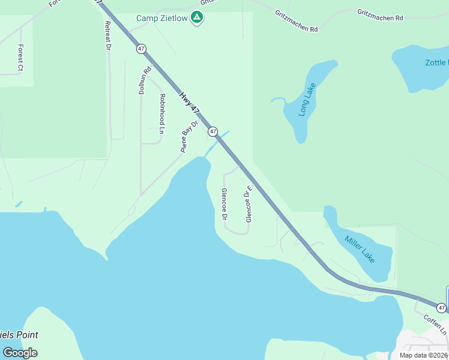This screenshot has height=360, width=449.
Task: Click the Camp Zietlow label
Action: [x=161, y=18]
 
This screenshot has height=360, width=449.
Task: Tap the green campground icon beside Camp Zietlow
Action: [x=196, y=17]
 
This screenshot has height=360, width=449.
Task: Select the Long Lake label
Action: [x=307, y=100]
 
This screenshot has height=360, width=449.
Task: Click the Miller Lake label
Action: [x=360, y=248]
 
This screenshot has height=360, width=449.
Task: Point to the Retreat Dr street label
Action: [x=108, y=35]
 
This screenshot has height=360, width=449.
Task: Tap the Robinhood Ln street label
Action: [x=162, y=113]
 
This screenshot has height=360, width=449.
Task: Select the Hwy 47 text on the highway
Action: [x=189, y=103]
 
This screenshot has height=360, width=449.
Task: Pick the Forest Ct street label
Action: [x=20, y=58]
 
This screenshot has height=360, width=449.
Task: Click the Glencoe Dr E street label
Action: [x=247, y=203]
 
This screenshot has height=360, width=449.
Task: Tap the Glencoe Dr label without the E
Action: [x=224, y=203]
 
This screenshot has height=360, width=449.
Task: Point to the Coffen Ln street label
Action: [x=435, y=325]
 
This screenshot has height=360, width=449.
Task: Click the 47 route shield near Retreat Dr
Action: [x=141, y=49]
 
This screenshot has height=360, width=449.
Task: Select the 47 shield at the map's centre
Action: [x=212, y=131]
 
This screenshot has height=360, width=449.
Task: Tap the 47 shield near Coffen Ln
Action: [x=441, y=308]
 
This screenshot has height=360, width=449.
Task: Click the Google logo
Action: [x=20, y=353]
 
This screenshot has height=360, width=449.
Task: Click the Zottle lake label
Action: [x=436, y=62]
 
